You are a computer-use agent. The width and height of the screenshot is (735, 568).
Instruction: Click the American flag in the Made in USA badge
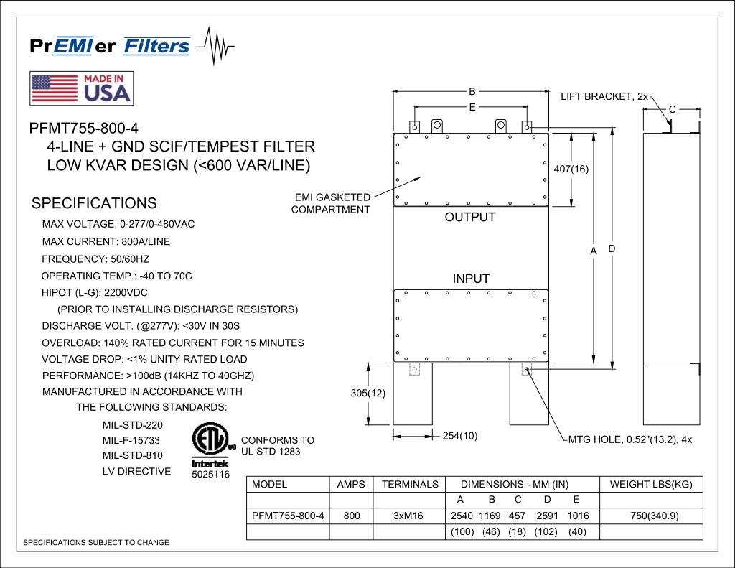click(x=55, y=88)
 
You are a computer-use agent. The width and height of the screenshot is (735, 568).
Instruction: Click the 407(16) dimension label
click(x=571, y=169)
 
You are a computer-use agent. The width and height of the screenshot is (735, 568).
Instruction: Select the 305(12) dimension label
click(x=368, y=393)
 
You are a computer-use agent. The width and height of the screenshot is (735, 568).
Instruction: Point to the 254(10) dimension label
click(x=460, y=436)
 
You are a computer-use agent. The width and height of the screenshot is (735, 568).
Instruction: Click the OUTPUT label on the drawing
click(x=470, y=217)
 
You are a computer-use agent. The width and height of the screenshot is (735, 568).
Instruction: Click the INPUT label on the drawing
click(x=471, y=279)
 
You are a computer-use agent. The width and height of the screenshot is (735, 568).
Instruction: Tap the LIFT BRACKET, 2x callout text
click(x=604, y=97)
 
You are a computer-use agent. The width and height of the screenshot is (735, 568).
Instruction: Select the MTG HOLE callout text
click(x=630, y=440)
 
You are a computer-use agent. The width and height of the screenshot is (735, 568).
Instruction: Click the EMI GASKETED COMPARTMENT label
click(x=330, y=203)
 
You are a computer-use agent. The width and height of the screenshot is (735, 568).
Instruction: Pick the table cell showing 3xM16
click(x=408, y=516)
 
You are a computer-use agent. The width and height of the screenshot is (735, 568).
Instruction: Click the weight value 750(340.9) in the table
click(x=655, y=516)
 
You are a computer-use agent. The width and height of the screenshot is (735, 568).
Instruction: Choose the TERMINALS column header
click(x=410, y=485)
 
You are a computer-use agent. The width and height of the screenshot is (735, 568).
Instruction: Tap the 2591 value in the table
click(x=547, y=516)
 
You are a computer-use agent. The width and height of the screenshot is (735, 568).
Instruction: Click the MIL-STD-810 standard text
click(x=133, y=455)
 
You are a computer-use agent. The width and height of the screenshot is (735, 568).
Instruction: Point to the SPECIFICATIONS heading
click(x=94, y=203)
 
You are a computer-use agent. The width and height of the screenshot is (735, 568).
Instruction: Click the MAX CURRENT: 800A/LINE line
click(x=106, y=241)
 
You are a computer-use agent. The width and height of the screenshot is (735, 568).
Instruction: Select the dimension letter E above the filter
click(x=472, y=108)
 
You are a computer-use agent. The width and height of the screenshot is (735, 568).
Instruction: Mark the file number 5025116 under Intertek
click(x=210, y=474)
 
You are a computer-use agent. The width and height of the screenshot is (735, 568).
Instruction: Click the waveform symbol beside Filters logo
click(x=215, y=46)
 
